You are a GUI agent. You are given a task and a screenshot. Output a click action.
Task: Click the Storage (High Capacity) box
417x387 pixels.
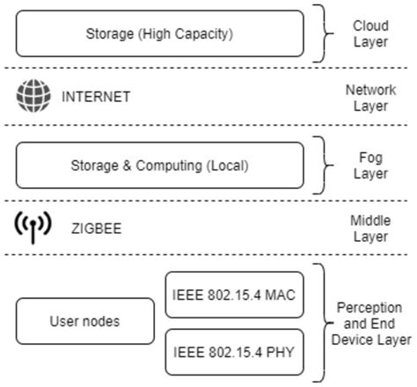pos(160,34)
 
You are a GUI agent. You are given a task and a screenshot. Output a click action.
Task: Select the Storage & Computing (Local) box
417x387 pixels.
pos(160,164)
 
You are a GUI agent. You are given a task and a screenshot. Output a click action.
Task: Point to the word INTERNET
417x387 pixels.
pos(96,98)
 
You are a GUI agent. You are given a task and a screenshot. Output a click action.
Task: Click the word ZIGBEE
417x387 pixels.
pos(97,230)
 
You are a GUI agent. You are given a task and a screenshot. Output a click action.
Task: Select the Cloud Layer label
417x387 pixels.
pos(370,34)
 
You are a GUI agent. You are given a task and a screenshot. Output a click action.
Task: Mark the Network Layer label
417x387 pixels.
pos(370,98)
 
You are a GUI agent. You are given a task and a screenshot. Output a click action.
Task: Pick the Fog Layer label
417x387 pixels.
pos(370,164)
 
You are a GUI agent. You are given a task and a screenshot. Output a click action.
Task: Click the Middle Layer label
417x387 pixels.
pos(370,229)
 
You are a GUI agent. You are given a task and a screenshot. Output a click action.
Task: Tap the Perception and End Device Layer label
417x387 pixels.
pos(370,323)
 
